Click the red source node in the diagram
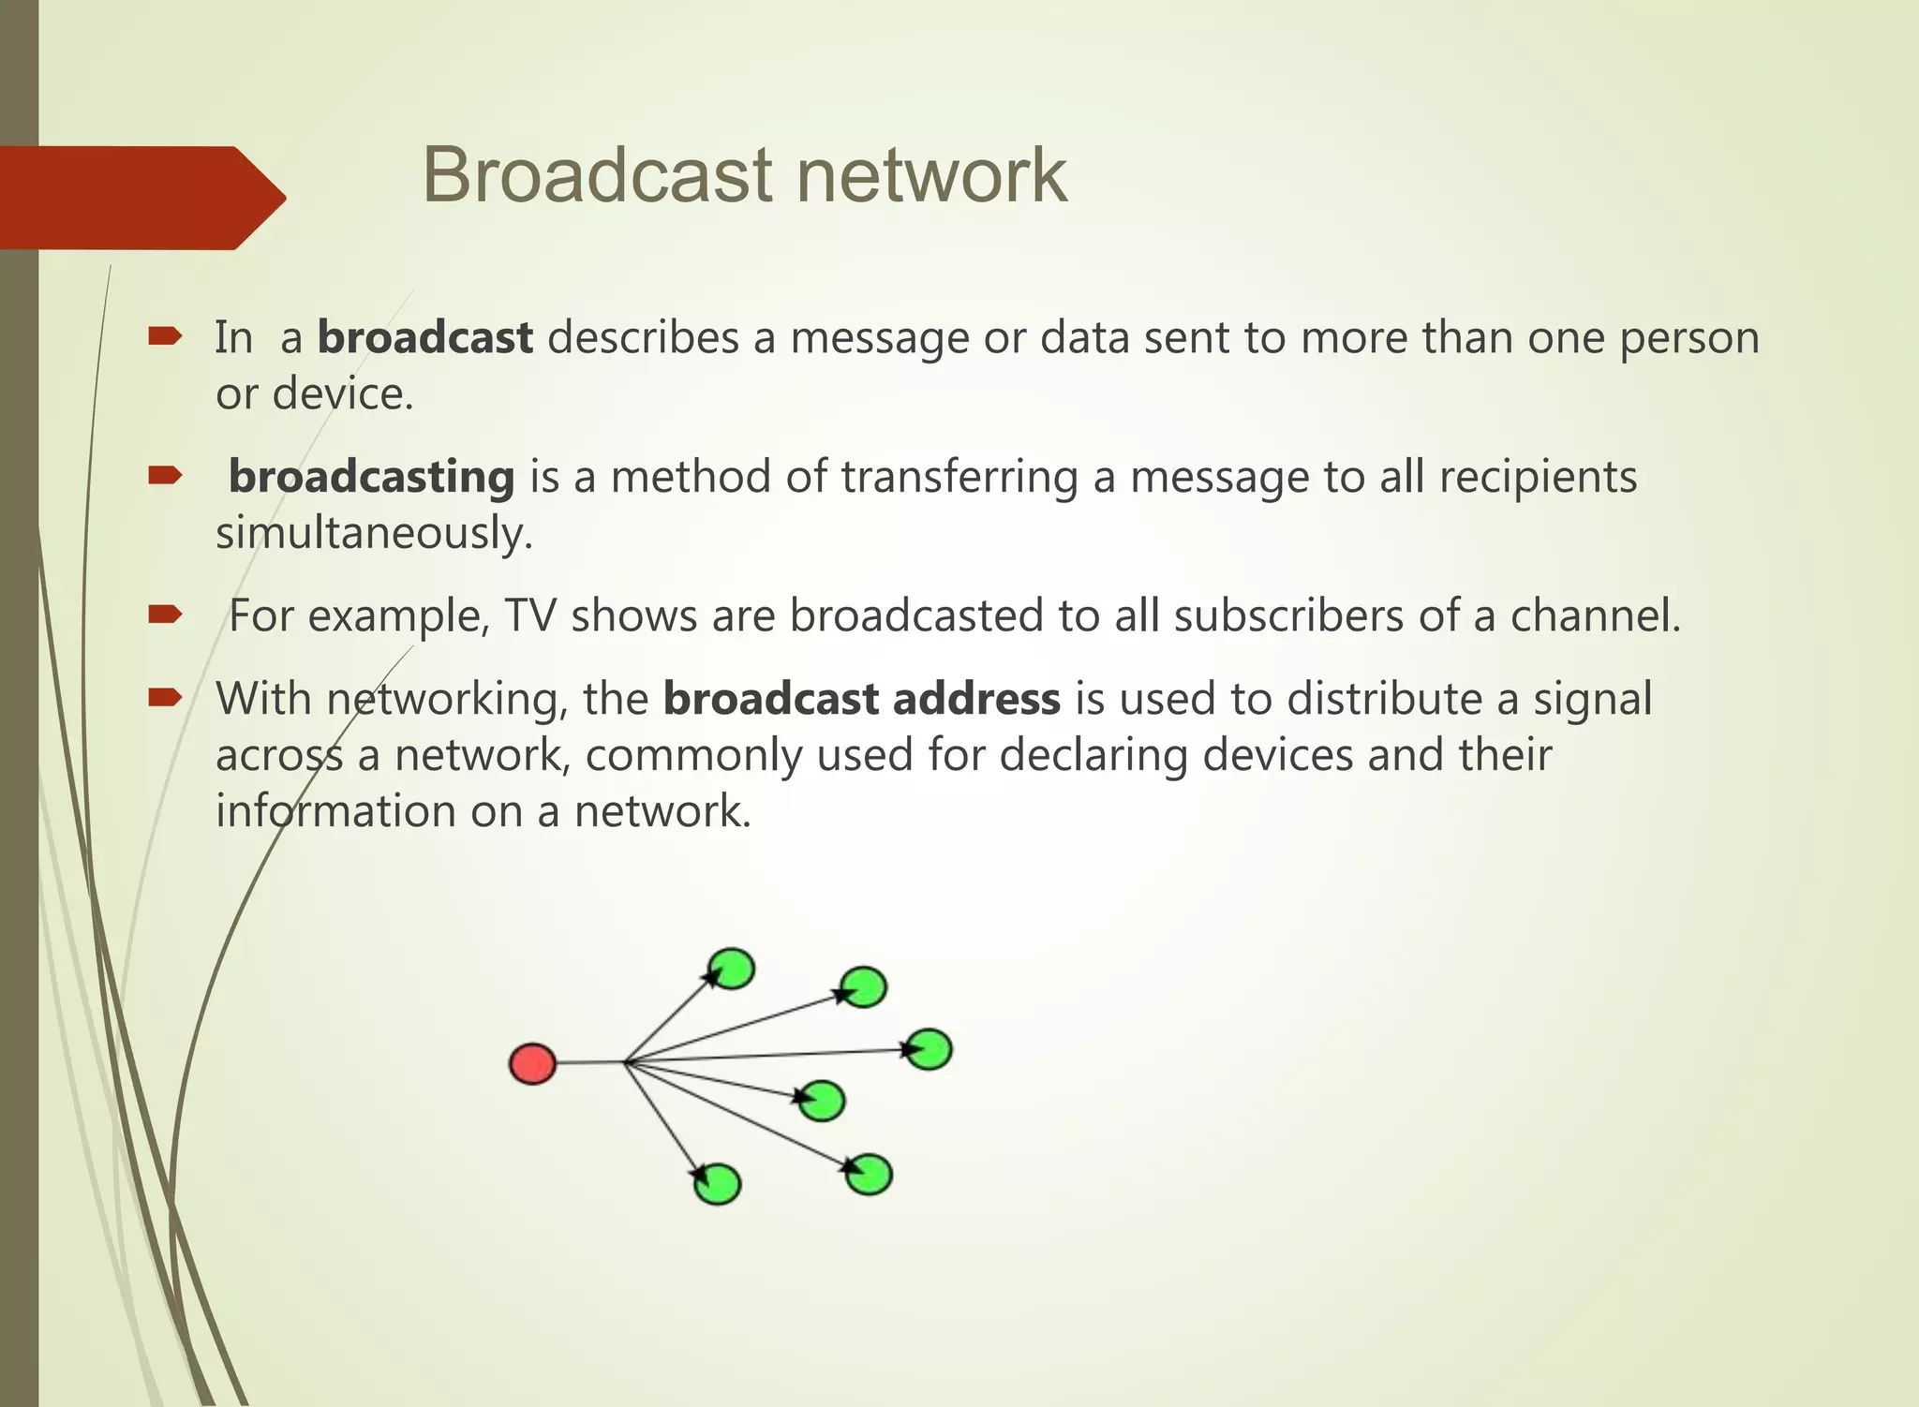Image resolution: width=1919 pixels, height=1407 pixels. click(532, 1064)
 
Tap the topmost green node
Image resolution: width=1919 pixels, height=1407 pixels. click(732, 968)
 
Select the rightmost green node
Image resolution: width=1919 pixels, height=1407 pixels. click(930, 1049)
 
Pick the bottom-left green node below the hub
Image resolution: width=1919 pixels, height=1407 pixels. click(718, 1184)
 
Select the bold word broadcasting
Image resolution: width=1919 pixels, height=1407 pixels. click(371, 477)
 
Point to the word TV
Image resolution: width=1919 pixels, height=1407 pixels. click(530, 616)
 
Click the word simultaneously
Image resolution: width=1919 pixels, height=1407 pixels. click(374, 533)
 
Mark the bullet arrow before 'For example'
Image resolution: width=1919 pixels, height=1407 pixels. click(164, 615)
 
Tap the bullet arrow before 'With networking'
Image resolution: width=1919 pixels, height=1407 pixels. click(164, 697)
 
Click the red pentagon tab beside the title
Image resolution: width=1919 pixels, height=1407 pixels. click(141, 198)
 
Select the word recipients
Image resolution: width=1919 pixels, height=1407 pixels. click(1538, 477)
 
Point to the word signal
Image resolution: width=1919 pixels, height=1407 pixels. click(1592, 699)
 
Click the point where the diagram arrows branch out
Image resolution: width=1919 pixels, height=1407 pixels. click(624, 1062)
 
